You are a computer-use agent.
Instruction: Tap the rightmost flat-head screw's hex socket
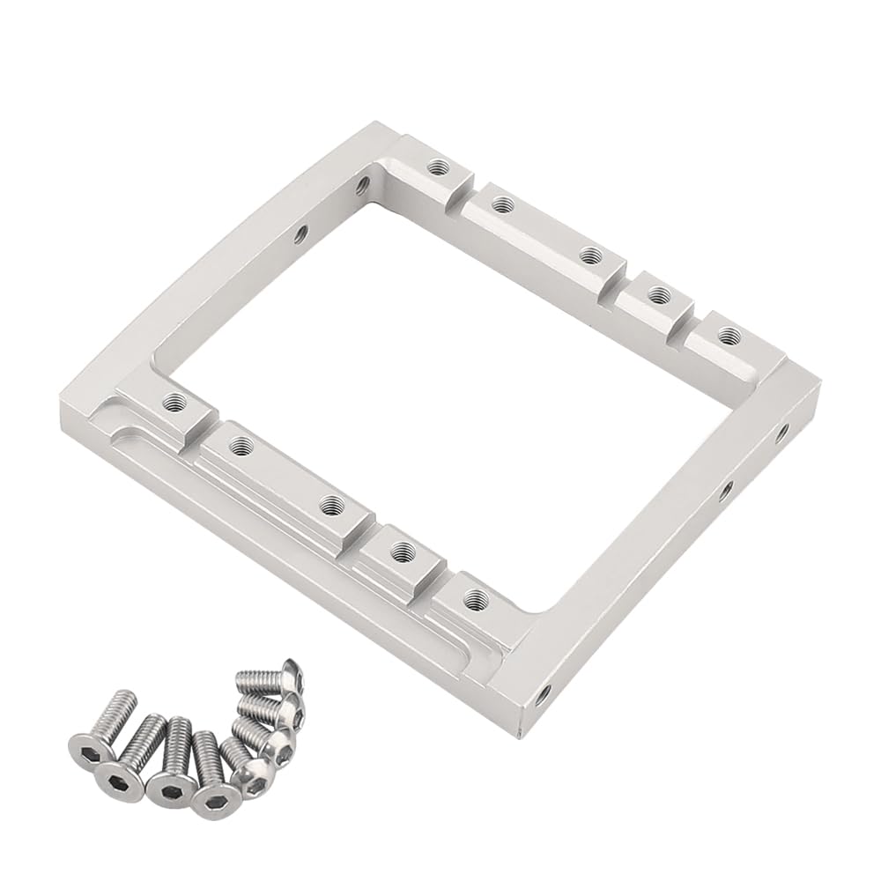click(212, 800)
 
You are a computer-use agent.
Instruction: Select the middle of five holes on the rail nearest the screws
click(330, 506)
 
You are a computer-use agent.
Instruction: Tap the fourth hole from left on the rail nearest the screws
click(403, 552)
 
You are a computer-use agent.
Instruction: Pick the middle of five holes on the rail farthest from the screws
click(588, 255)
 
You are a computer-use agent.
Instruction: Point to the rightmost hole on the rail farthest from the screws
click(727, 335)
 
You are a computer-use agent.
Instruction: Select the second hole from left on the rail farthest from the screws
click(501, 204)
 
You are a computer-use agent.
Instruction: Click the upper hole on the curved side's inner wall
click(361, 185)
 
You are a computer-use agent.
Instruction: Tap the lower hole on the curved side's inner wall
click(300, 234)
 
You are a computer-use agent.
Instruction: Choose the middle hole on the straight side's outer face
click(725, 490)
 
